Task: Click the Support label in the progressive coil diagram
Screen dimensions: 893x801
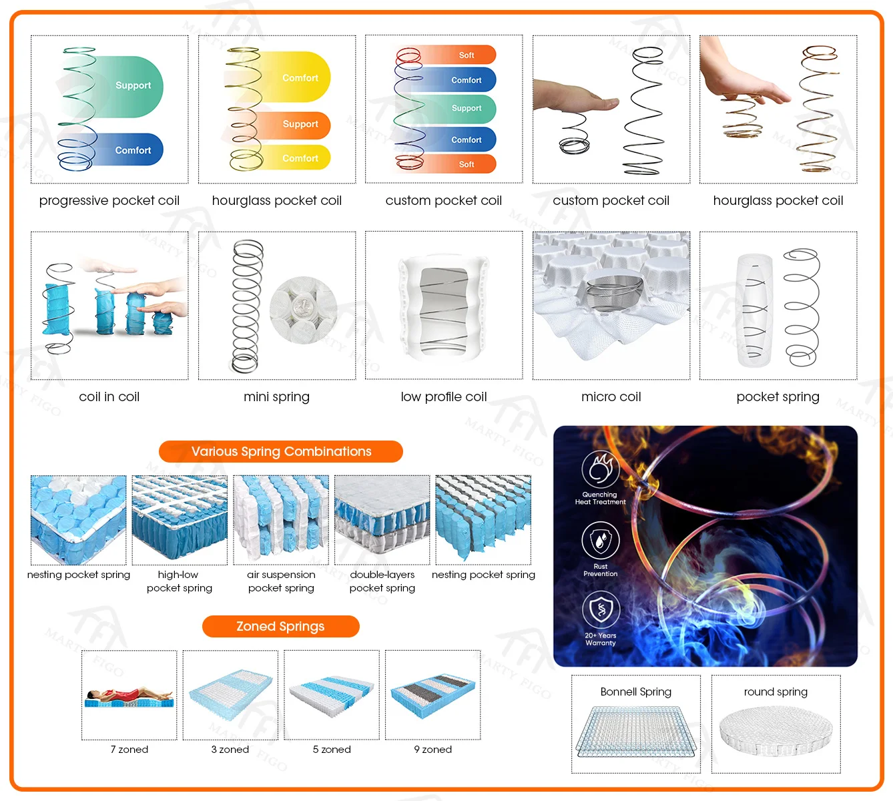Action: pos(133,85)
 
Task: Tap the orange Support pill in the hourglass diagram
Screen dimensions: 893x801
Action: pos(300,124)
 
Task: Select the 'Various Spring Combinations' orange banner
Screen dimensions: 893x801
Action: pos(281,451)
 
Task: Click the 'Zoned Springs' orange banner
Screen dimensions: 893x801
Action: pos(280,626)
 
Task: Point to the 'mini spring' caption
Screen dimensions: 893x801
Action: pos(276,396)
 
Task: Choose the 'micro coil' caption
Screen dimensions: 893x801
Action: pos(611,396)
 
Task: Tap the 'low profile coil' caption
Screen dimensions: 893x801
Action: pos(444,396)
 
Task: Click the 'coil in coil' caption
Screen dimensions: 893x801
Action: pos(109,396)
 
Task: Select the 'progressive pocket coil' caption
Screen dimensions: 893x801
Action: pos(109,200)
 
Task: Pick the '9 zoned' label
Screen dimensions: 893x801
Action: pos(432,750)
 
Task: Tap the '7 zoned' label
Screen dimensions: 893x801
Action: pos(129,750)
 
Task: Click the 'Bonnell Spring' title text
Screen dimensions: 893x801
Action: pos(635,692)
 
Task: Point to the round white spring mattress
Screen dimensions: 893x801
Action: pos(776,732)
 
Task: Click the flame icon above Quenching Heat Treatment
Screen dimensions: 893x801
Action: pos(601,469)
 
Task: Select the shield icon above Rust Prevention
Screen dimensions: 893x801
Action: pos(601,540)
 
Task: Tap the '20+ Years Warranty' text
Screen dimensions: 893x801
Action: pos(601,639)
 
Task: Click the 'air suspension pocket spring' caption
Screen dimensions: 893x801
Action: pos(281,581)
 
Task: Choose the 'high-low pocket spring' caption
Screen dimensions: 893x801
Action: pos(179,581)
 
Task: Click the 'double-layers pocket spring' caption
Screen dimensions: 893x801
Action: pos(382,581)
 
